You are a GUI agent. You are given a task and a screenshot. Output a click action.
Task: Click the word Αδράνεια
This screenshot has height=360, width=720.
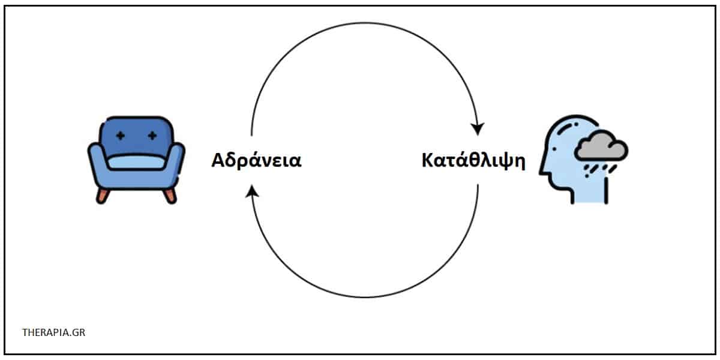[256, 160]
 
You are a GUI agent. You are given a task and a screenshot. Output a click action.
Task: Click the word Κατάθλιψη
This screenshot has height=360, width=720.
[473, 161]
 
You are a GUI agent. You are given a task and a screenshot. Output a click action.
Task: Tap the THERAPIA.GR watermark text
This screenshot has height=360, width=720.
[53, 332]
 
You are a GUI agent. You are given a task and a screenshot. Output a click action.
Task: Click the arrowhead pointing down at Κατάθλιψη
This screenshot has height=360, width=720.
[478, 128]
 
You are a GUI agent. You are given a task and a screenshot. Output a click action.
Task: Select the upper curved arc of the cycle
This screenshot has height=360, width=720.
[365, 23]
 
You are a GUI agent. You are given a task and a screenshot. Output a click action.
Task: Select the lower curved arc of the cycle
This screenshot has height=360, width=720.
[365, 298]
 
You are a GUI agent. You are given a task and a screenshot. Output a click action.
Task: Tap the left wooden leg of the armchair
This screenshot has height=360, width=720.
[103, 196]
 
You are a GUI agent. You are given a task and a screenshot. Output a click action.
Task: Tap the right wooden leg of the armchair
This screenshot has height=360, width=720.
[170, 196]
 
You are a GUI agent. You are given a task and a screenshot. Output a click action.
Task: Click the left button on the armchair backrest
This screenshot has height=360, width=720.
[121, 136]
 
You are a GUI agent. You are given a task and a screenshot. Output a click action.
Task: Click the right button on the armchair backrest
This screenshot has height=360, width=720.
[152, 136]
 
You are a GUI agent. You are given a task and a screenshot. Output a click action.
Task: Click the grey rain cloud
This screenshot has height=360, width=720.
[601, 146]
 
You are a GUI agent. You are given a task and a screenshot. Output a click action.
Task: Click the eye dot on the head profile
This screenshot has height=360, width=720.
[554, 149]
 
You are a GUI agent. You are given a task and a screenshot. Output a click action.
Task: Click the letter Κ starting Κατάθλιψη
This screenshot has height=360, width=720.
[428, 160]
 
